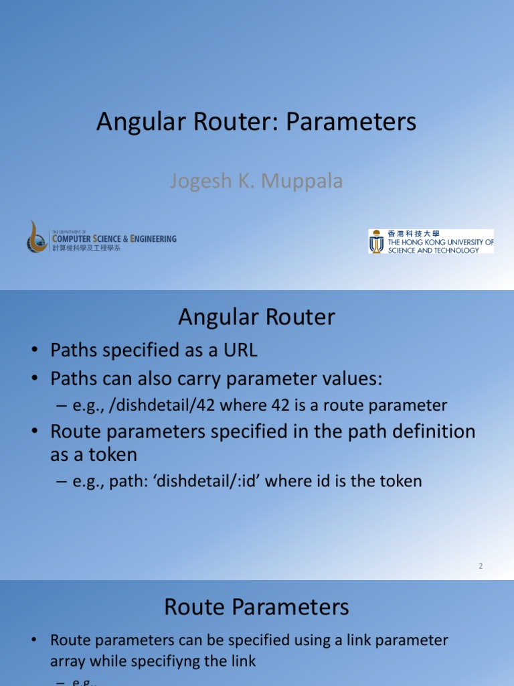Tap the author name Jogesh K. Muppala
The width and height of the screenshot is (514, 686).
click(256, 181)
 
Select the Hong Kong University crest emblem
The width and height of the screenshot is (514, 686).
click(377, 242)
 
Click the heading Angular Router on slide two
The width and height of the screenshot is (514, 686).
click(256, 317)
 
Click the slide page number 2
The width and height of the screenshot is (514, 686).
click(481, 566)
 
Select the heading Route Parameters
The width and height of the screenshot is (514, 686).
click(256, 608)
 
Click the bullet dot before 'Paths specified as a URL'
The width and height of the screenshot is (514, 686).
click(33, 350)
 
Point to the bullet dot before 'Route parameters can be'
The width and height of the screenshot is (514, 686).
click(33, 640)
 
